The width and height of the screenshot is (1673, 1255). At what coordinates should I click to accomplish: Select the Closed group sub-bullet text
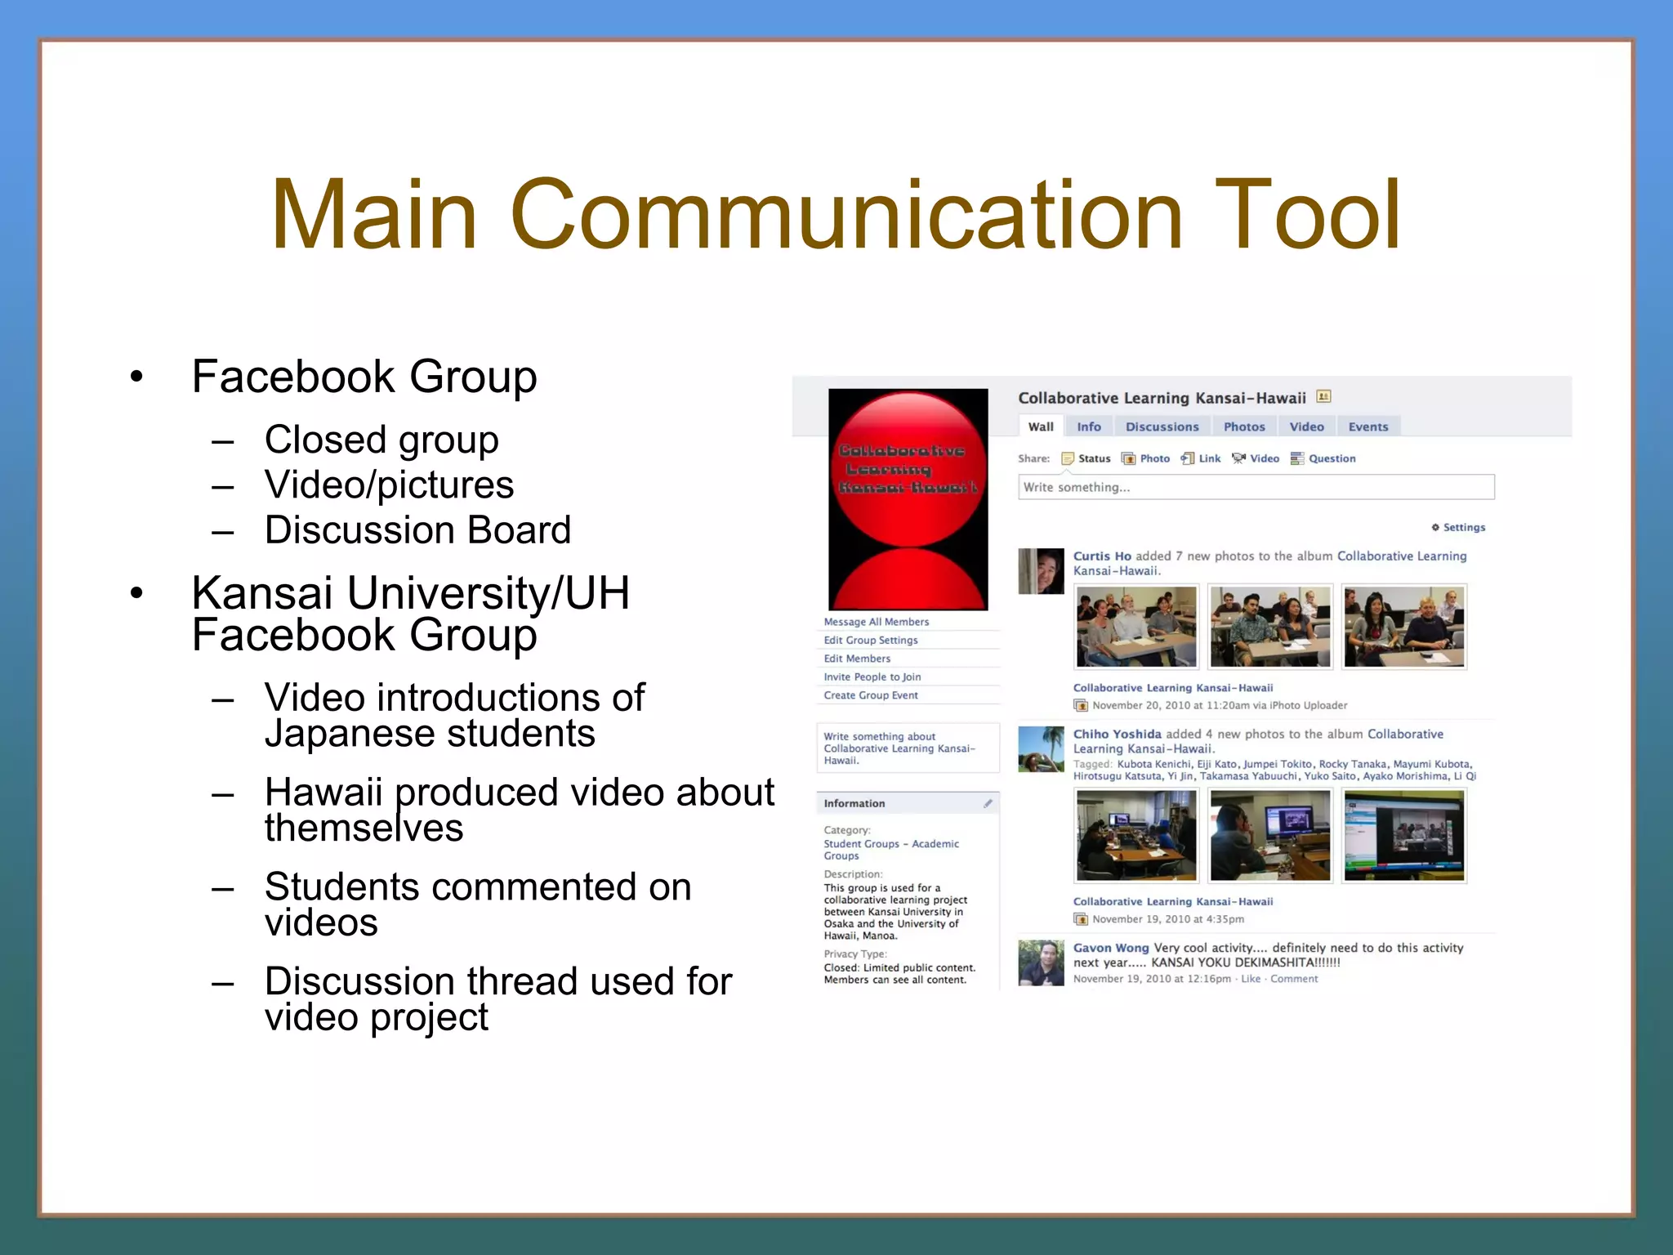pyautogui.click(x=381, y=440)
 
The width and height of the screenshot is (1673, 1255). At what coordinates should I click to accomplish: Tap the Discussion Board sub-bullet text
pyautogui.click(x=417, y=530)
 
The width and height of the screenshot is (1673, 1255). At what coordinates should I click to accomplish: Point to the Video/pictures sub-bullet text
pyautogui.click(x=389, y=485)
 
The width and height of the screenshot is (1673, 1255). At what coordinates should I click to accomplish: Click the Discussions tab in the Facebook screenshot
pyautogui.click(x=1162, y=427)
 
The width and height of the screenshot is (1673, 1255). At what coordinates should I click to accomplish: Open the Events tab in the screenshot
pyautogui.click(x=1367, y=427)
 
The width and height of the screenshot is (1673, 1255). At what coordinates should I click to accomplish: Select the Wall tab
pyautogui.click(x=1040, y=427)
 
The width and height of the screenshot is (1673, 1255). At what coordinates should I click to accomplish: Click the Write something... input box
pyautogui.click(x=1256, y=487)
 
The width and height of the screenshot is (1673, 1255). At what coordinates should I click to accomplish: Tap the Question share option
pyautogui.click(x=1331, y=458)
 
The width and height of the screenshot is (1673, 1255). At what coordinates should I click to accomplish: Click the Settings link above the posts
pyautogui.click(x=1462, y=527)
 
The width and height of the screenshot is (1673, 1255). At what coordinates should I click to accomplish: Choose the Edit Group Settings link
pyautogui.click(x=870, y=641)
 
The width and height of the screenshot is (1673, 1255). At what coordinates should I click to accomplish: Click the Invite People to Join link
pyautogui.click(x=872, y=677)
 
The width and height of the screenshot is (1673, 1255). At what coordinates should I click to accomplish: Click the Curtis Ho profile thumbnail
pyautogui.click(x=1041, y=571)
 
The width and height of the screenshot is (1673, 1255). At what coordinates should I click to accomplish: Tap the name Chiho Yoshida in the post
pyautogui.click(x=1117, y=734)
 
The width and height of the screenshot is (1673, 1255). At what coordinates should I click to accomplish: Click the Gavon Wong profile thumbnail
pyautogui.click(x=1041, y=962)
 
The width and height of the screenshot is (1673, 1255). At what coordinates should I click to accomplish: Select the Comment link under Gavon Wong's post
pyautogui.click(x=1293, y=979)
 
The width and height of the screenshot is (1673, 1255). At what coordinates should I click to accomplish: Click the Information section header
pyautogui.click(x=854, y=803)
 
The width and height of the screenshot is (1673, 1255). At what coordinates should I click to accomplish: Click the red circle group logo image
pyautogui.click(x=908, y=498)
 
